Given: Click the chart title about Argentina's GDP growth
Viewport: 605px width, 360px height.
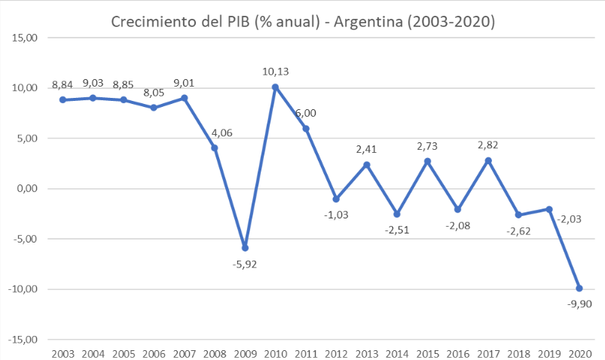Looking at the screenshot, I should pos(302,22).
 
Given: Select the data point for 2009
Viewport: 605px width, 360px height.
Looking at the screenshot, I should pos(245,248).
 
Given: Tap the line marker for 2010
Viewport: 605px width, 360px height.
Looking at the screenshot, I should pos(275,87).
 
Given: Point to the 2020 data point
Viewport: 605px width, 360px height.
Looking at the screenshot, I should pos(579,288).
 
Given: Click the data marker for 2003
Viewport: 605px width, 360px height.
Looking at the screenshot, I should pos(63,100).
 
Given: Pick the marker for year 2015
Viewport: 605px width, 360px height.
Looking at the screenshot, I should pos(427,161).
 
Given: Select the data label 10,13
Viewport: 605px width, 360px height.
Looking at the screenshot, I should pos(275,72).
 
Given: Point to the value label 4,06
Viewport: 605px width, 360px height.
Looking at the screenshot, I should pos(215,133).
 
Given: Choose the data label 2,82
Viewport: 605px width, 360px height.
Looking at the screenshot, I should pos(488,145).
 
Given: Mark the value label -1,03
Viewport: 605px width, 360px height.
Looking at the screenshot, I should pos(336,215).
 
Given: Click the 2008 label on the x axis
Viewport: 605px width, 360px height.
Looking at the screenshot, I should pos(215,353).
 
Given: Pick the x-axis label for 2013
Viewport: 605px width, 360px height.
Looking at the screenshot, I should pos(366,353).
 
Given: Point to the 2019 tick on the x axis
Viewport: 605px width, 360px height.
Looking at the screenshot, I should pos(548,353).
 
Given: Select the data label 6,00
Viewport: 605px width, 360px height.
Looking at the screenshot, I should pos(306,113).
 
